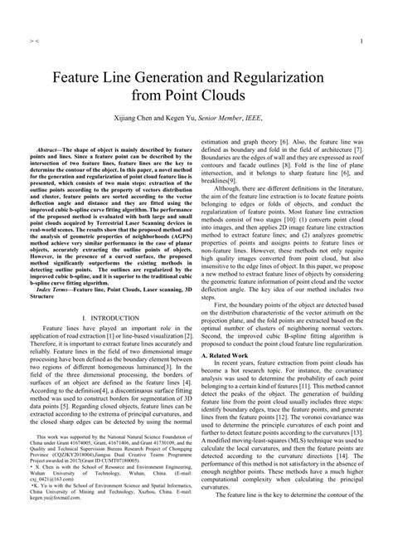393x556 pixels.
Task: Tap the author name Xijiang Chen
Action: [x=148, y=119]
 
